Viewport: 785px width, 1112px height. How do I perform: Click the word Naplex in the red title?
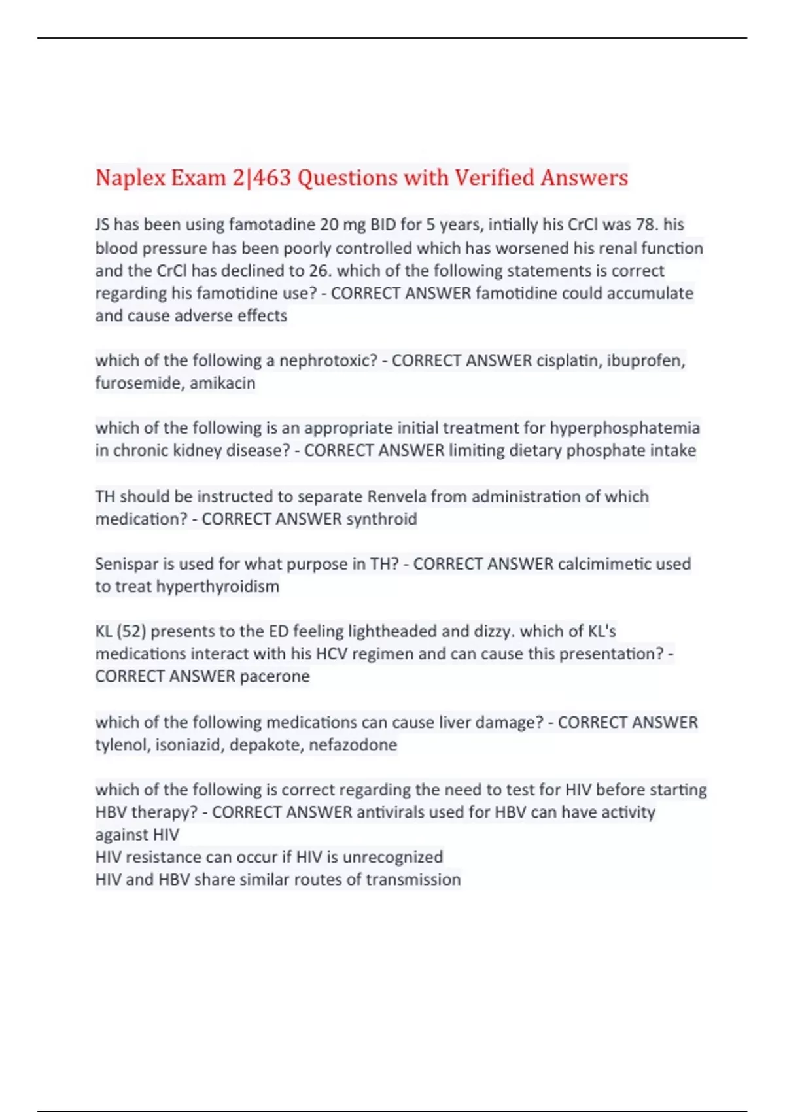(x=128, y=178)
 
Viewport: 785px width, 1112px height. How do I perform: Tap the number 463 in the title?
(x=271, y=178)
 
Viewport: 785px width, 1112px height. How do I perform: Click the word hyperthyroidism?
(x=217, y=587)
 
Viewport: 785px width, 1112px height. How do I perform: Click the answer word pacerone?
(x=275, y=676)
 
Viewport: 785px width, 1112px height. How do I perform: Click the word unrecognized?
(x=392, y=857)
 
